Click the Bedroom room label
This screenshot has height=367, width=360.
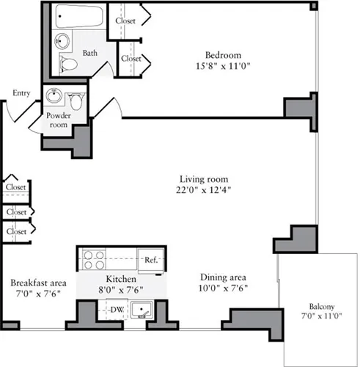pos(223,55)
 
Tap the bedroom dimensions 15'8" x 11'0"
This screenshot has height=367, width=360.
pos(223,67)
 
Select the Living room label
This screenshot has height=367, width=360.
pos(204,179)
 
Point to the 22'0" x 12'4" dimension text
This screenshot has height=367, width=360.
pos(204,192)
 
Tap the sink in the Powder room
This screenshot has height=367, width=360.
pos(54,95)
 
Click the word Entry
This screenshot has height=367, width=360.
pos(21,93)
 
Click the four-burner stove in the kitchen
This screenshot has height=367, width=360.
pos(95,259)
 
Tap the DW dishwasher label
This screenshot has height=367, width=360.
pos(117,310)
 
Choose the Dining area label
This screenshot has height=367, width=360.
pos(223,278)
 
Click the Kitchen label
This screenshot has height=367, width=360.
pos(122,280)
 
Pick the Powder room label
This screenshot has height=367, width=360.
pos(58,120)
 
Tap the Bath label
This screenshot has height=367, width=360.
pos(90,53)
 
